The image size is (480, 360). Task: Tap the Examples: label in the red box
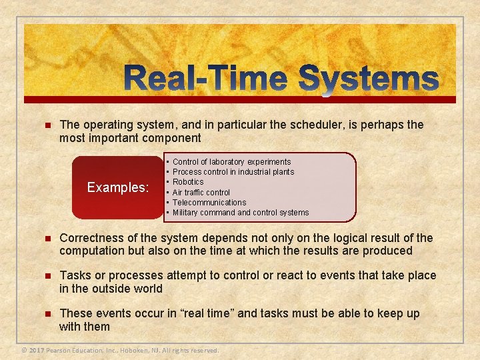118,187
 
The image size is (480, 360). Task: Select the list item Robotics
188,182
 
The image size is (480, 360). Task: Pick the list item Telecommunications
209,203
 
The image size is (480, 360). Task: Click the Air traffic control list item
201,193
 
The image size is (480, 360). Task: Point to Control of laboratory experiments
231,162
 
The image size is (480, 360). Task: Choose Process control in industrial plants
233,172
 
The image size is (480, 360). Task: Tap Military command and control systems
240,213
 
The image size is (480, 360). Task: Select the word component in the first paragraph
169,138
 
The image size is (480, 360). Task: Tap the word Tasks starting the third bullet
75,275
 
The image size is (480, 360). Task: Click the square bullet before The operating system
46,125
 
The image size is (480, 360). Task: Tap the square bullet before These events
46,314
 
